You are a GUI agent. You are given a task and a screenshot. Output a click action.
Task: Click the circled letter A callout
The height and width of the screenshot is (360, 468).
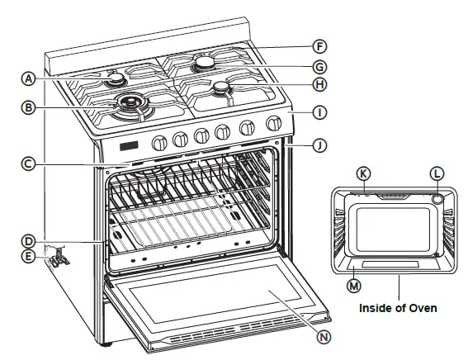pyautogui.click(x=27, y=79)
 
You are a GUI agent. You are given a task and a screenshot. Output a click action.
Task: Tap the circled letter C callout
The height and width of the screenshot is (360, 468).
pyautogui.click(x=27, y=164)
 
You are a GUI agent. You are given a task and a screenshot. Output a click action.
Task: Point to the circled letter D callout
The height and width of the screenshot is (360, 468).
pyautogui.click(x=27, y=242)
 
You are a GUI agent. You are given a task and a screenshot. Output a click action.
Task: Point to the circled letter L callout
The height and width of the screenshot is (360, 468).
pyautogui.click(x=437, y=173)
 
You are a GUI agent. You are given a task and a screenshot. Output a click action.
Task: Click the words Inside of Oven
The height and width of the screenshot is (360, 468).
pyautogui.click(x=398, y=308)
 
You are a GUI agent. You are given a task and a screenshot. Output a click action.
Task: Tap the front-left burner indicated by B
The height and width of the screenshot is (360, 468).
pyautogui.click(x=128, y=103)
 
